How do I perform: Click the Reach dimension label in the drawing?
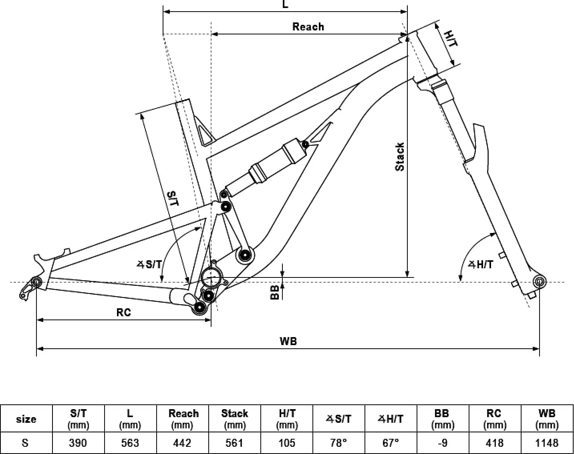308,27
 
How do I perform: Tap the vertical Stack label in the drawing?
400,157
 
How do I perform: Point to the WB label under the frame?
288,341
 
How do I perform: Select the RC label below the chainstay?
123,312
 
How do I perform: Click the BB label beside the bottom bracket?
274,292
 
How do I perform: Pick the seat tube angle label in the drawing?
149,265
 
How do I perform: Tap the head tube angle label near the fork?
481,265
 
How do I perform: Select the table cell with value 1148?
547,443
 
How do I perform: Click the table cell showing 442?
182,443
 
